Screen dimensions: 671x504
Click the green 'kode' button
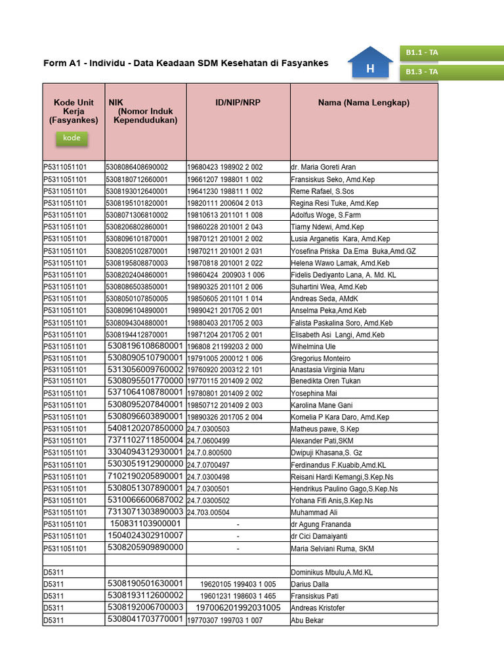pos(72,138)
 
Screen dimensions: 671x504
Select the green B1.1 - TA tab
pos(451,52)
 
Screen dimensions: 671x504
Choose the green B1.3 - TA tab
pos(451,71)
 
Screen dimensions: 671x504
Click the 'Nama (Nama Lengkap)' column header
pos(364,103)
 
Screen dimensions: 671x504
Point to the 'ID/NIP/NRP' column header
pos(238,103)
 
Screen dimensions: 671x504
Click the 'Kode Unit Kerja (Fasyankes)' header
pos(73,111)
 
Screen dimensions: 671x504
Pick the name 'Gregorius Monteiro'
pos(320,358)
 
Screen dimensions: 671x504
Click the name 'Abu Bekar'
pos(307,620)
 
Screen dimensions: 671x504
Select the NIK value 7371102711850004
pos(145,440)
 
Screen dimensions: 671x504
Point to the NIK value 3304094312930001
pos(145,452)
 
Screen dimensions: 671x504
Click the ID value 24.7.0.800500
pos(209,453)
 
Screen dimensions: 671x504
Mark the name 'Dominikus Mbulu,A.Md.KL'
pos(331,573)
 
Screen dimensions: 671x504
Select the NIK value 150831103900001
pos(145,524)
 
